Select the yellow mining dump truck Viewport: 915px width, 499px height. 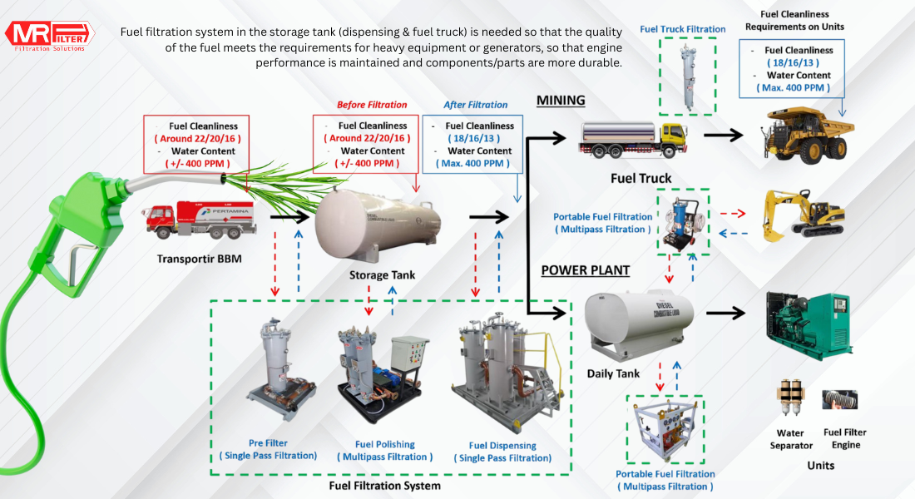point(805,134)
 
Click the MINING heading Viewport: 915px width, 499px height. point(561,101)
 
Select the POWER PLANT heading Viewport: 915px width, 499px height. point(586,270)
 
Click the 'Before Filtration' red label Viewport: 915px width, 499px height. point(372,105)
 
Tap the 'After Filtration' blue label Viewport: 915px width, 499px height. point(475,105)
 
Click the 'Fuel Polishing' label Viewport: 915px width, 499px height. point(384,444)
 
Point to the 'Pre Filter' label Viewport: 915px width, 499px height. point(268,442)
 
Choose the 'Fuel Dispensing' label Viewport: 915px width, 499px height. point(502,446)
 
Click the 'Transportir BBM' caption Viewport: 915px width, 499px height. point(200,259)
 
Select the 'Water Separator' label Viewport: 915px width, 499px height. point(790,439)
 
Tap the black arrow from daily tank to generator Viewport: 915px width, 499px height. point(725,313)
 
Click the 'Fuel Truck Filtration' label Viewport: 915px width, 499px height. point(683,29)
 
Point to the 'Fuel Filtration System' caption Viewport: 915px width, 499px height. point(384,486)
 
